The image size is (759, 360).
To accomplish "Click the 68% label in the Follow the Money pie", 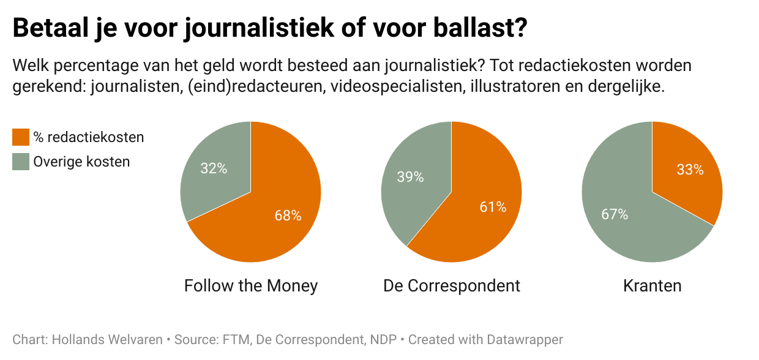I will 288,216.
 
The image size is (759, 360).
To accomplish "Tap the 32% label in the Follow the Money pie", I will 214,168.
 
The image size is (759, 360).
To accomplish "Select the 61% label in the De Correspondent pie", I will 493,207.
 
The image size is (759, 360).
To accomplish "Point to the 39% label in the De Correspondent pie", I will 410,177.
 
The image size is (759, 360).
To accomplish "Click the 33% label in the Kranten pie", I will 690,170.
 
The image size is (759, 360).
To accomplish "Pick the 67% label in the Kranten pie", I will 615,214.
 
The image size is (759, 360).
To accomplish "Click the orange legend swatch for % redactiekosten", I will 21,137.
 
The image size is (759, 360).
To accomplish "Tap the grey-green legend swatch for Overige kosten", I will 21,162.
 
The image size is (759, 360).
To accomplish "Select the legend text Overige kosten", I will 81,162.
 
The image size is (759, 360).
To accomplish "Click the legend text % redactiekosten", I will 89,137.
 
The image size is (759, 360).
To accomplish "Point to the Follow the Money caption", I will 251,285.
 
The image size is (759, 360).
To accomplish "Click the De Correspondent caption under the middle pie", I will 452,285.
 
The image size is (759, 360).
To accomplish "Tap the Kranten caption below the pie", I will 652,285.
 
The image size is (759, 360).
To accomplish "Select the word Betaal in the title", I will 49,29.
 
